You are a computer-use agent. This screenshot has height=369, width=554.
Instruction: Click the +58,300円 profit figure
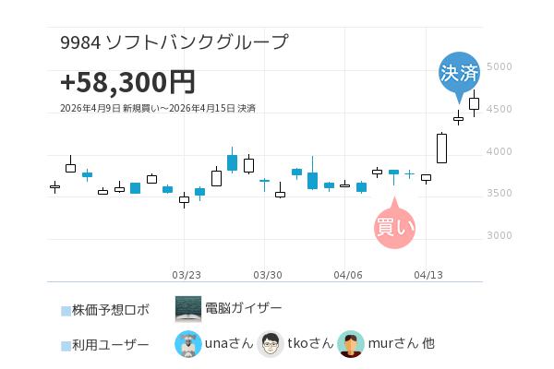tap(127, 82)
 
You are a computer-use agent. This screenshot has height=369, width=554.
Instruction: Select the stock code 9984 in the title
tap(79, 42)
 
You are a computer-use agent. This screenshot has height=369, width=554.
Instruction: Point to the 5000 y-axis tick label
tap(500, 67)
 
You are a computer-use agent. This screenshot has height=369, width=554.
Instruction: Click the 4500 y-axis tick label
tap(500, 110)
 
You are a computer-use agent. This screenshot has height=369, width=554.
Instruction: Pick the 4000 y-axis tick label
tap(500, 151)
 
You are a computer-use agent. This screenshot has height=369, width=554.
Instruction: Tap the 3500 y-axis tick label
tap(500, 194)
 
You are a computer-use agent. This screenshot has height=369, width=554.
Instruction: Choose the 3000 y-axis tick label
tap(500, 236)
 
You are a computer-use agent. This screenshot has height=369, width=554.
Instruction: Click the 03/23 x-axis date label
tap(187, 275)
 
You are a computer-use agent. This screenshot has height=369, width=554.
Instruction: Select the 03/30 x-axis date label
tap(267, 275)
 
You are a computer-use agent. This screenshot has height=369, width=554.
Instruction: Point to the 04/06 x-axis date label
tap(348, 275)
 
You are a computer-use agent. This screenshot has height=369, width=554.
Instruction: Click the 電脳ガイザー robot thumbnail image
tap(188, 308)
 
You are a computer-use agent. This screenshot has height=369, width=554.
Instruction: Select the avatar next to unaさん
tap(188, 344)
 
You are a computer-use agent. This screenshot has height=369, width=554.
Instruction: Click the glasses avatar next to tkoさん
tap(270, 344)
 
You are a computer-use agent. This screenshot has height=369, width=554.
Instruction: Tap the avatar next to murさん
tap(351, 344)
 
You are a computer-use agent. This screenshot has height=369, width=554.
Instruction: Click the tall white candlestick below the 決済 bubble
tap(442, 149)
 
